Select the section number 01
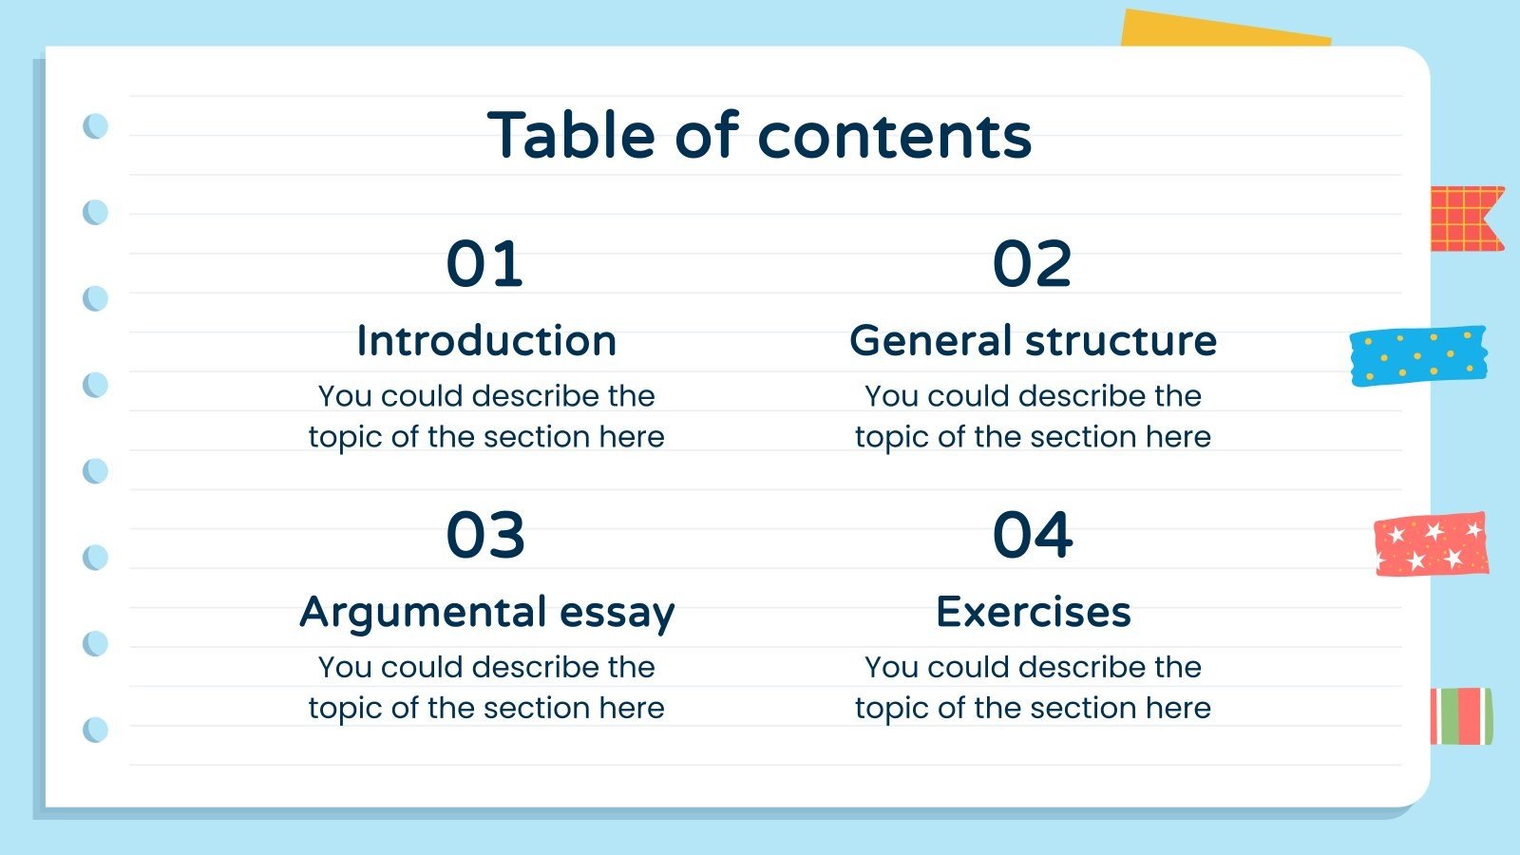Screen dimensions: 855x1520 click(x=484, y=263)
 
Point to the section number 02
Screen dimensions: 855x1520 click(x=1032, y=263)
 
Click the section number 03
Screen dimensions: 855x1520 click(x=484, y=534)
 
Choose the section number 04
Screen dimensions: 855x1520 click(x=1033, y=534)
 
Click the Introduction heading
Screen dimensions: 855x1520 click(x=486, y=340)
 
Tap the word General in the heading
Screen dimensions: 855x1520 click(x=930, y=340)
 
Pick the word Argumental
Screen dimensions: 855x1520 click(x=424, y=613)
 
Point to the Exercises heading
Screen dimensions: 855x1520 click(x=1033, y=612)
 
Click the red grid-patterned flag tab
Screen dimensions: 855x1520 click(x=1463, y=218)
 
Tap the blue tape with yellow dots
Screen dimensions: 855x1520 click(x=1418, y=355)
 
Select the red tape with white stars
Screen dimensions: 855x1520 click(x=1431, y=544)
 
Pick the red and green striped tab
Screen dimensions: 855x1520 click(x=1461, y=716)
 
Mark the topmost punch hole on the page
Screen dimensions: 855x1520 click(x=96, y=125)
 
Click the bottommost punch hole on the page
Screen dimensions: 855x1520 click(x=96, y=730)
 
